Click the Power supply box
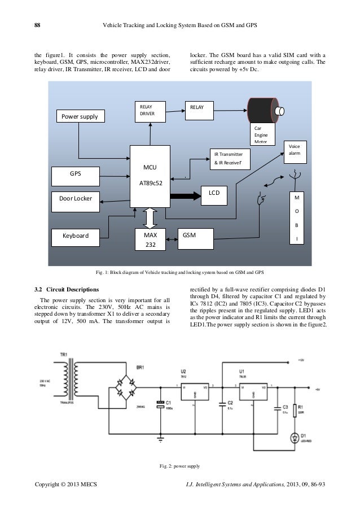click(x=80, y=117)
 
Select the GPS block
click(x=74, y=174)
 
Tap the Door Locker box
click(x=76, y=199)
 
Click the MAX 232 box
click(x=150, y=239)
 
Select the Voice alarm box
click(x=295, y=151)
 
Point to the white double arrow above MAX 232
click(x=150, y=217)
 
